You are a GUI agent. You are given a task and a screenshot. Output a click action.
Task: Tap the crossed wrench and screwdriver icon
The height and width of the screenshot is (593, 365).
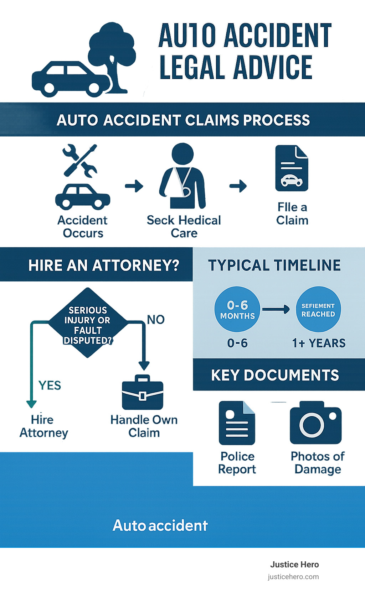[80, 161]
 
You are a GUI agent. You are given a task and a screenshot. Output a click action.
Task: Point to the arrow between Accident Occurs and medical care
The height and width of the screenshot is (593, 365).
[134, 186]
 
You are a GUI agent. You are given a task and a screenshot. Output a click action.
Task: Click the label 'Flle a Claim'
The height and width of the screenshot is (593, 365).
[292, 214]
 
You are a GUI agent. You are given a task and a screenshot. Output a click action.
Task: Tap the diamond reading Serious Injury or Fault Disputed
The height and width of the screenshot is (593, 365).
[88, 323]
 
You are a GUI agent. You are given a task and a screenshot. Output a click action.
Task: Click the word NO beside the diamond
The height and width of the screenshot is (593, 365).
[156, 320]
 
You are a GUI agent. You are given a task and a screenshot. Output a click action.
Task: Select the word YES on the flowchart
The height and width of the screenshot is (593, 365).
[50, 385]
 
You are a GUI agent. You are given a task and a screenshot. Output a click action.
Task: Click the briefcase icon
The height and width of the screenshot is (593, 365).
[143, 393]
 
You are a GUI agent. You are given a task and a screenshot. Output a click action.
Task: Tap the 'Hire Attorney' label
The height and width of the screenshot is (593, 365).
[43, 426]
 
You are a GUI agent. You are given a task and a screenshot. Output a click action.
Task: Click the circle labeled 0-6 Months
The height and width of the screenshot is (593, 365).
[237, 309]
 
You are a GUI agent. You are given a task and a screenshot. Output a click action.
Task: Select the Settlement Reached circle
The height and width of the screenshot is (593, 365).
[318, 309]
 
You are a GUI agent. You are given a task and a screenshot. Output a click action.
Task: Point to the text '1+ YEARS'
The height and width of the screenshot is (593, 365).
[319, 343]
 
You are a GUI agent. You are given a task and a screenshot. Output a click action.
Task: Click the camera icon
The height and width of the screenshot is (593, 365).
[315, 423]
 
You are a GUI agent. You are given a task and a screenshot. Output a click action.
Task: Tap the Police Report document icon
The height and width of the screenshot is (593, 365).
[237, 423]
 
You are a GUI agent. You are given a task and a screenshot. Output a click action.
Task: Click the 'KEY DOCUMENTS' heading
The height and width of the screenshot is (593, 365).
[275, 375]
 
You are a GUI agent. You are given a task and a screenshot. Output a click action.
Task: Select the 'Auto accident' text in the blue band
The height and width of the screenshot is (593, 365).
[160, 525]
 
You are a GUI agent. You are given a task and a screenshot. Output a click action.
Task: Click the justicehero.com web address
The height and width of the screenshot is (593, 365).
[293, 577]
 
